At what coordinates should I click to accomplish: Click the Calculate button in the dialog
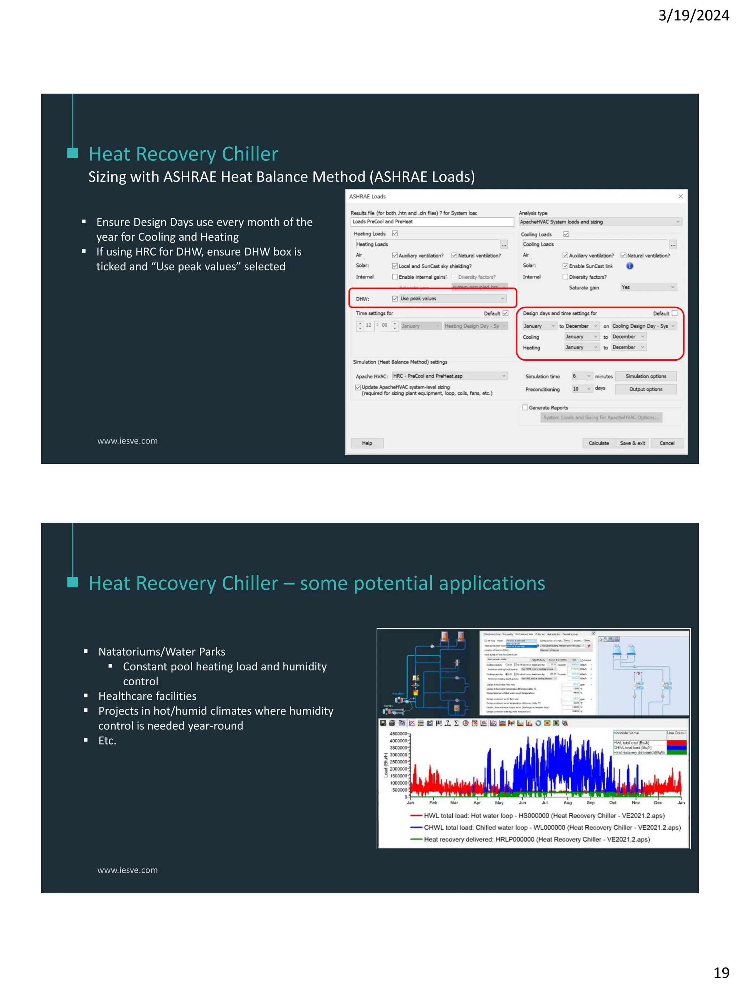pos(598,443)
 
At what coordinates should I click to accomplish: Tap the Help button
pos(367,443)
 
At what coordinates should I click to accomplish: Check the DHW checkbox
pos(395,299)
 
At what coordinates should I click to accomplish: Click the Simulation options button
pos(645,376)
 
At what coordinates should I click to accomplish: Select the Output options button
pos(645,389)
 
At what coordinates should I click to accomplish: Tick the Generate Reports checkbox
pos(525,407)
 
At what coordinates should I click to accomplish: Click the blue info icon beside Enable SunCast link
pos(629,266)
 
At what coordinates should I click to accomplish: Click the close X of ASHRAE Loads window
pos(680,196)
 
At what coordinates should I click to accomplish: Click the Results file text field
pos(432,222)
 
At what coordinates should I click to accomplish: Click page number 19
pos(721,972)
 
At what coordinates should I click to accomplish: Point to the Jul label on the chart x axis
pos(545,803)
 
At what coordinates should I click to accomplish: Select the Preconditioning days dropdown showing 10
pos(582,389)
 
